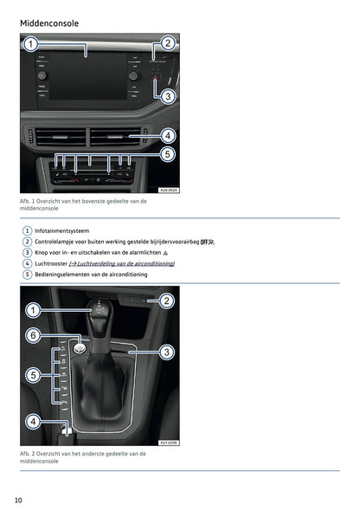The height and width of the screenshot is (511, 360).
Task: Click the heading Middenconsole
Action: point(49,23)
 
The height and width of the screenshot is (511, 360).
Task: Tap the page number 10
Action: point(18,500)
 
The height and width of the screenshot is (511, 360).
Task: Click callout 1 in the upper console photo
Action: point(30,44)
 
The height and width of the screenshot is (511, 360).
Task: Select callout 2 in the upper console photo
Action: point(167,43)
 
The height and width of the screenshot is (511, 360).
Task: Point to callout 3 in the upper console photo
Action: point(167,95)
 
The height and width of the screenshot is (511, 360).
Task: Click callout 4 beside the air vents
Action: point(167,136)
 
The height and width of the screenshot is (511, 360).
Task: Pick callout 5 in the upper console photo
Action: point(167,154)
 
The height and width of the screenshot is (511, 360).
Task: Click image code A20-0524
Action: point(169,189)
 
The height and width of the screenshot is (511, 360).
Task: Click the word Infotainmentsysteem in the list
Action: point(61,230)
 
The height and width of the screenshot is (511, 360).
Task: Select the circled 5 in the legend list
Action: point(27,274)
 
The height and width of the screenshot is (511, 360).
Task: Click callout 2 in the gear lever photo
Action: point(166,301)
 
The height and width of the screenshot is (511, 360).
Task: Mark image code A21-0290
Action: point(169,443)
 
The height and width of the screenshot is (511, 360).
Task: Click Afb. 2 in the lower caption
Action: point(29,453)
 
